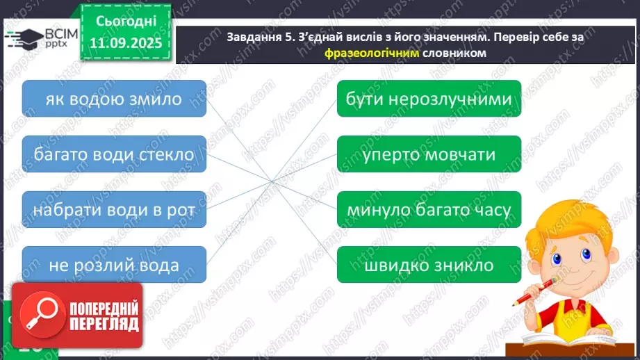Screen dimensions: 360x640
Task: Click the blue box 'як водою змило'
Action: (114, 99)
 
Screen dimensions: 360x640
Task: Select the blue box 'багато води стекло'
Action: (114, 154)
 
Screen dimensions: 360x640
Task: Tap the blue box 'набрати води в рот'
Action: (114, 209)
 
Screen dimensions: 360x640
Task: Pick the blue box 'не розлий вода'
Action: (114, 265)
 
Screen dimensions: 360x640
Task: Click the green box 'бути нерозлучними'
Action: (429, 99)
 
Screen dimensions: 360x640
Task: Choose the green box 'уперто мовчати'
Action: (429, 154)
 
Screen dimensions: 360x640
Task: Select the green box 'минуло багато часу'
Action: (429, 209)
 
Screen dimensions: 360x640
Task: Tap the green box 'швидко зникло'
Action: (429, 265)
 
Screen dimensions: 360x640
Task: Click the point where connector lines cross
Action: (272, 181)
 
